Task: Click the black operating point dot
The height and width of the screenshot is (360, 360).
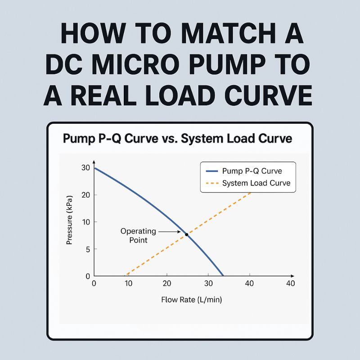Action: click(186, 235)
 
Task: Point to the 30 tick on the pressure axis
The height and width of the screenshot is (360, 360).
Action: click(85, 168)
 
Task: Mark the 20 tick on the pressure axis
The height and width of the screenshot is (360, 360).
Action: click(85, 195)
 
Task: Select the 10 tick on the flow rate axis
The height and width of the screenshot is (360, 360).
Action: click(128, 283)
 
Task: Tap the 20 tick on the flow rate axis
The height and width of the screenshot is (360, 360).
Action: click(167, 283)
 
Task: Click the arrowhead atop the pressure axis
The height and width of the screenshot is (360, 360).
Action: click(94, 161)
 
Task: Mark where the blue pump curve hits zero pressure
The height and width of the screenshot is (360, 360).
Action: click(223, 275)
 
